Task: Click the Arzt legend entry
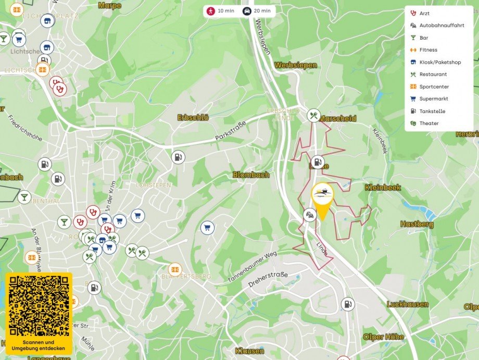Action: (424, 13)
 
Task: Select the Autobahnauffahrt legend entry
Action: (442, 25)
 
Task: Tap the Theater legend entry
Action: (428, 123)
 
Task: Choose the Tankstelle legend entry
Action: (432, 111)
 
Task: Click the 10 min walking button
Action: (221, 10)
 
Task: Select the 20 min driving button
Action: (258, 10)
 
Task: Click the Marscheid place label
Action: (338, 119)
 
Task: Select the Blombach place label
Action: (250, 175)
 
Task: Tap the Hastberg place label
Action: (417, 224)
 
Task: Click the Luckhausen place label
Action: (407, 304)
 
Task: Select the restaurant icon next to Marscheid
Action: (313, 116)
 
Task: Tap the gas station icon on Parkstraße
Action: (178, 157)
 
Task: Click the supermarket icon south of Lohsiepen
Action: (207, 228)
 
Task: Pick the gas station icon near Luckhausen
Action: (347, 304)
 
